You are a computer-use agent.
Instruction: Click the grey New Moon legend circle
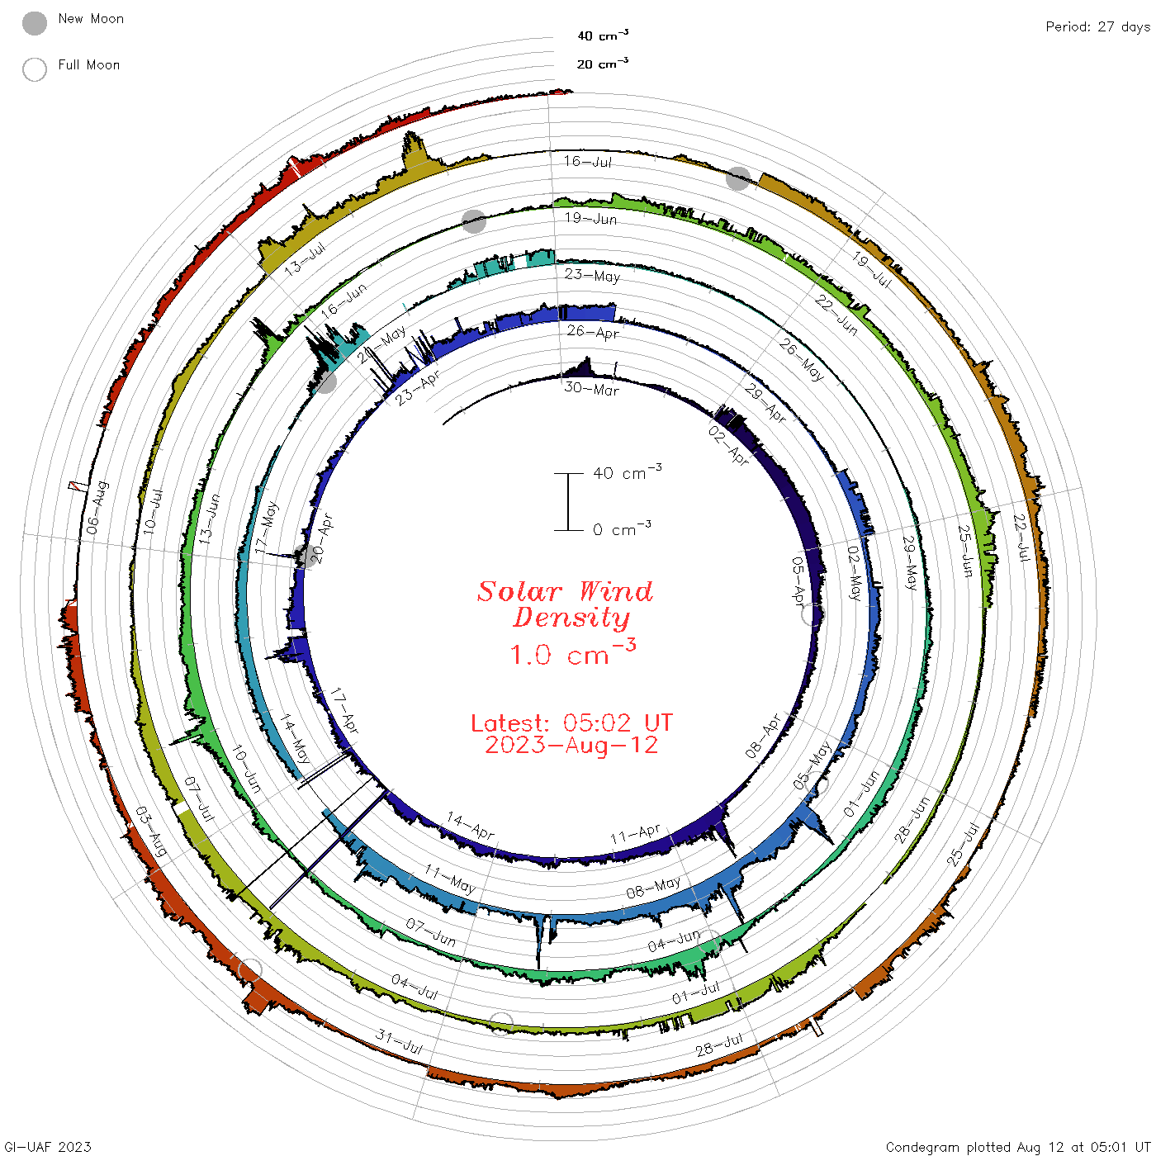34,23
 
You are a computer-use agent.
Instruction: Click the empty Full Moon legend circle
34,69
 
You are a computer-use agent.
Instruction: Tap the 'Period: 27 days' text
1097,27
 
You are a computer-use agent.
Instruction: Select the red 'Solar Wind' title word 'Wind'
616,591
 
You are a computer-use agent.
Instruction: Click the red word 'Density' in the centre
571,618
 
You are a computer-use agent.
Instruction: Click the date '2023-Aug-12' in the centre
571,745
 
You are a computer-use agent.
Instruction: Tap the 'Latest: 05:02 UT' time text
571,722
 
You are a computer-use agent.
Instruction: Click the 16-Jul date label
587,161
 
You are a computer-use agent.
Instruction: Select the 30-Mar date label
591,389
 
